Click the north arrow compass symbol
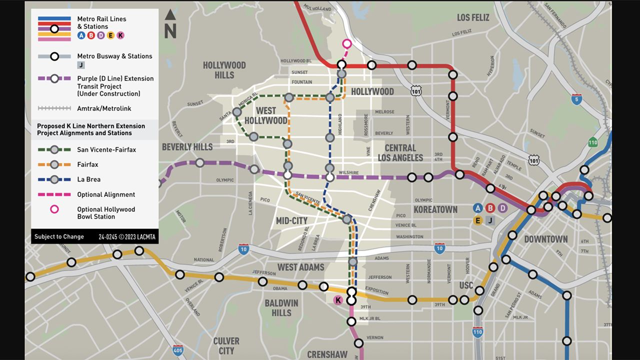pos(170,23)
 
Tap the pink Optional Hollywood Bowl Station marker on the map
pos(346,43)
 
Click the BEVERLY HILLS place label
pos(187,147)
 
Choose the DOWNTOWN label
pos(545,239)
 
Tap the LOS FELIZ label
pos(473,18)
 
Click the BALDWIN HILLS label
pos(281,308)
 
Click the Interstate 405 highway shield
pos(177,350)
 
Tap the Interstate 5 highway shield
pos(577,99)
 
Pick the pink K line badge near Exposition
pos(338,300)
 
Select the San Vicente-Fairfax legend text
pos(106,149)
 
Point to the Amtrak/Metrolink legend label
pos(104,108)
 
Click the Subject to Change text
pos(59,236)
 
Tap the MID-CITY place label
pos(291,220)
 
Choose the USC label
pos(466,285)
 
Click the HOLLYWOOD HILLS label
pos(224,70)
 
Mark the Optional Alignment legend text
pos(106,194)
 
